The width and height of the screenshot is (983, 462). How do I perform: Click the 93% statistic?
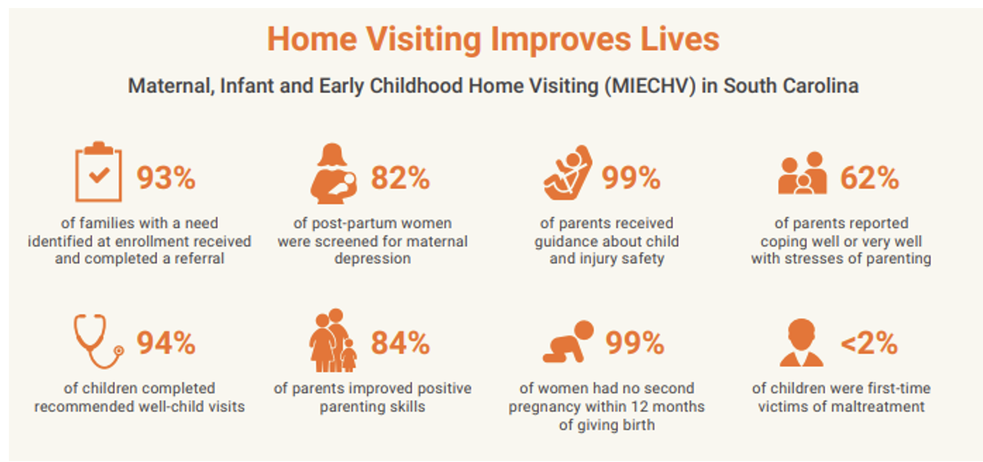[166, 178]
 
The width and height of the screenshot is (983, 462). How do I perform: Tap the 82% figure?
[400, 178]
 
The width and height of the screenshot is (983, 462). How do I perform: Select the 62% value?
[870, 178]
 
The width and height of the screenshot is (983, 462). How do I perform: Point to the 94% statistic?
[166, 343]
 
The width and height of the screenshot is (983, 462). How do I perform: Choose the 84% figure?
[400, 343]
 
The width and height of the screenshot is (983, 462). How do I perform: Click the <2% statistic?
[869, 343]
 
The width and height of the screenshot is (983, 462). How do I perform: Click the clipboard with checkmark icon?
[98, 172]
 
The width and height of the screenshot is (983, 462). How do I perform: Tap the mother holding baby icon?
[334, 174]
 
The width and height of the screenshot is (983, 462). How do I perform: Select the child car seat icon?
[568, 173]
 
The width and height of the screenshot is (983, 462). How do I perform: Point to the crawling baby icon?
[568, 342]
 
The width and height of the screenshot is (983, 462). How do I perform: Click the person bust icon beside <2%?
[802, 343]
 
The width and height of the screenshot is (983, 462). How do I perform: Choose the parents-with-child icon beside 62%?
[802, 173]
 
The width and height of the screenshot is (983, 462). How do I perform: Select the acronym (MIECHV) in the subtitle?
[650, 86]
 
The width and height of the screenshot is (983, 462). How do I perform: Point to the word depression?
[373, 259]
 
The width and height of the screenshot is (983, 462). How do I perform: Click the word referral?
[199, 259]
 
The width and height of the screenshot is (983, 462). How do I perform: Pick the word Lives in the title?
[680, 40]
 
